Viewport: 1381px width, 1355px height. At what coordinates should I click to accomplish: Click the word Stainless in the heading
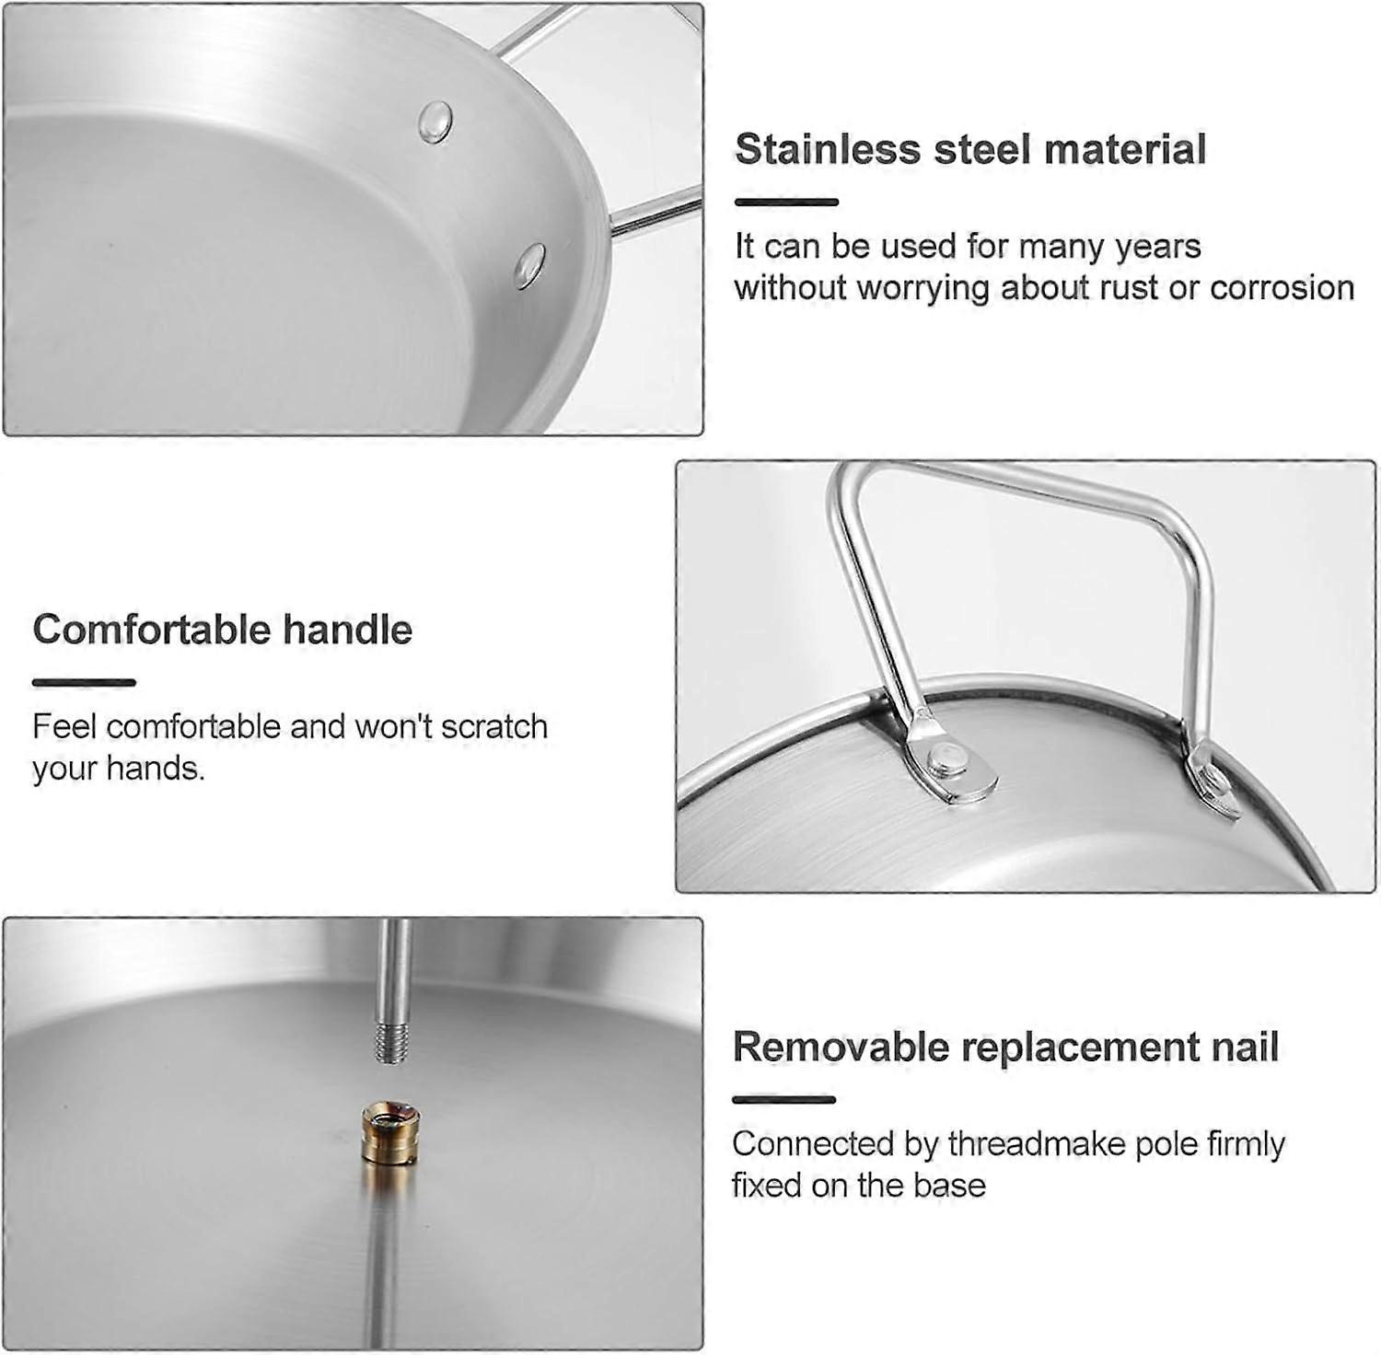pyautogui.click(x=828, y=149)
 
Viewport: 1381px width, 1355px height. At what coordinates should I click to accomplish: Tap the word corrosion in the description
pyautogui.click(x=1282, y=287)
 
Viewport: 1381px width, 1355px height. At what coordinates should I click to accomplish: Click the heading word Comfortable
pyautogui.click(x=152, y=630)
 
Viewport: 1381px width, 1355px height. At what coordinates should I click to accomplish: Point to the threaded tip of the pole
pyautogui.click(x=391, y=1043)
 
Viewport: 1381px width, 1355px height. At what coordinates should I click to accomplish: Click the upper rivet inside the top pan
pyautogui.click(x=435, y=122)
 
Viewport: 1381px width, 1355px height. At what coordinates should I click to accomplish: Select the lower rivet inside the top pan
pyautogui.click(x=529, y=265)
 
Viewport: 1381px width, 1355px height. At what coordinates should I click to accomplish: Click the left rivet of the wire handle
pyautogui.click(x=948, y=760)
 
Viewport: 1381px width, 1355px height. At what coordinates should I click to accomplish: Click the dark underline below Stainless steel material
pyautogui.click(x=786, y=202)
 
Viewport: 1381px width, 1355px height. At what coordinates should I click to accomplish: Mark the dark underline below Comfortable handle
pyautogui.click(x=84, y=682)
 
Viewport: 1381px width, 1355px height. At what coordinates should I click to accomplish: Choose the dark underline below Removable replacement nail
pyautogui.click(x=784, y=1099)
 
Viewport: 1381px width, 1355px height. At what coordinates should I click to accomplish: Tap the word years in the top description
pyautogui.click(x=1158, y=246)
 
